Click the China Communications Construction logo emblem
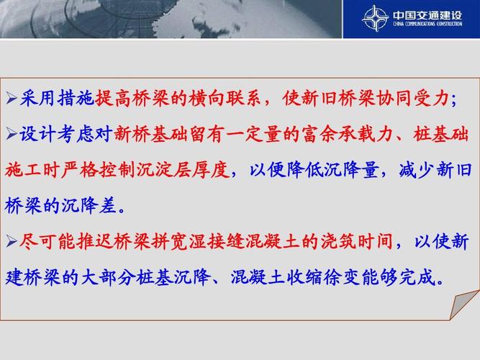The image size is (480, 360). click(375, 18)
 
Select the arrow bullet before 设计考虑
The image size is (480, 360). click(12, 135)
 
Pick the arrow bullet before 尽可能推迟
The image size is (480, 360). click(12, 243)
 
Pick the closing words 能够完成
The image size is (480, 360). click(404, 278)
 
